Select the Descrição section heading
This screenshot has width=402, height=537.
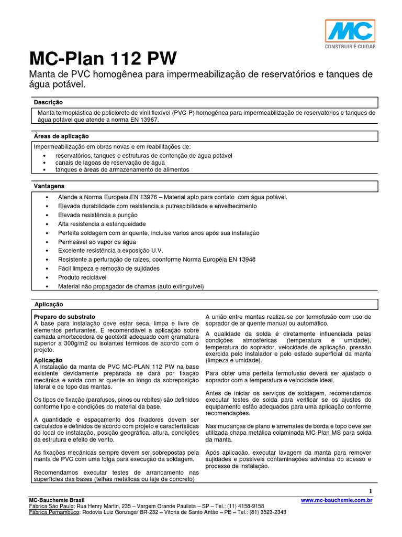click(48, 102)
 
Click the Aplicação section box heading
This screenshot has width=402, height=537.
click(49, 304)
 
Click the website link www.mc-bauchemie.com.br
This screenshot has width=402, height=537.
click(337, 501)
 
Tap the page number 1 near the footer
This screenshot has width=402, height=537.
click(370, 490)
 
